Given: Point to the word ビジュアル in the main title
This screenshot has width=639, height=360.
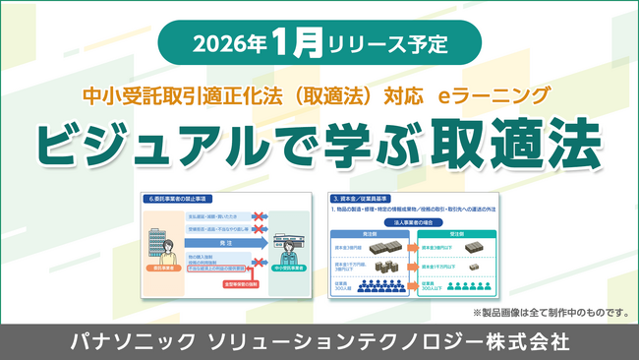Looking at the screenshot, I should click(160, 144).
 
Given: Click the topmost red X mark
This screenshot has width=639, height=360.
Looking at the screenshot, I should click(261, 214).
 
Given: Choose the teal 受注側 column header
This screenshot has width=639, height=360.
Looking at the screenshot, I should click(466, 236).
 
